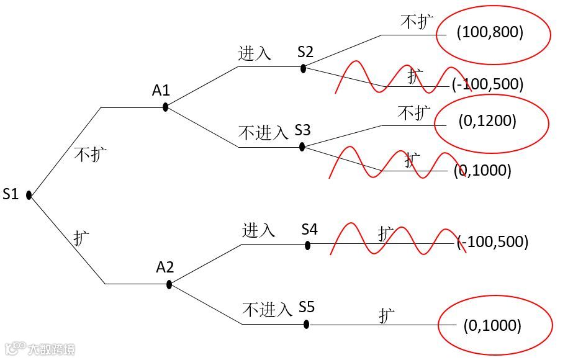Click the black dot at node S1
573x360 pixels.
(x=29, y=196)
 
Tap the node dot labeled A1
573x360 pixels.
(x=165, y=107)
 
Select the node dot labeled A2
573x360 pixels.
(x=169, y=284)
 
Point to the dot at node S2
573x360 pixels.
(x=303, y=68)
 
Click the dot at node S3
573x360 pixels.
(x=302, y=147)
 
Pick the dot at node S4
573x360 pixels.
(x=307, y=245)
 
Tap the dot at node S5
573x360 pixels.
(x=307, y=324)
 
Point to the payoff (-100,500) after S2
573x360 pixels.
(x=488, y=84)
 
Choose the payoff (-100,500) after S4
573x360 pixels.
(x=492, y=241)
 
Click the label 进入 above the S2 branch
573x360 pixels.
(x=255, y=53)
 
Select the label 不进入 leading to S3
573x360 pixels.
(x=263, y=132)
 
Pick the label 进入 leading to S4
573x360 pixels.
(x=258, y=230)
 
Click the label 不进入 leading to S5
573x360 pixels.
(x=267, y=309)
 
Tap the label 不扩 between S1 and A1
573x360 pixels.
(x=91, y=154)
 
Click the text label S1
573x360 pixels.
(x=11, y=194)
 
